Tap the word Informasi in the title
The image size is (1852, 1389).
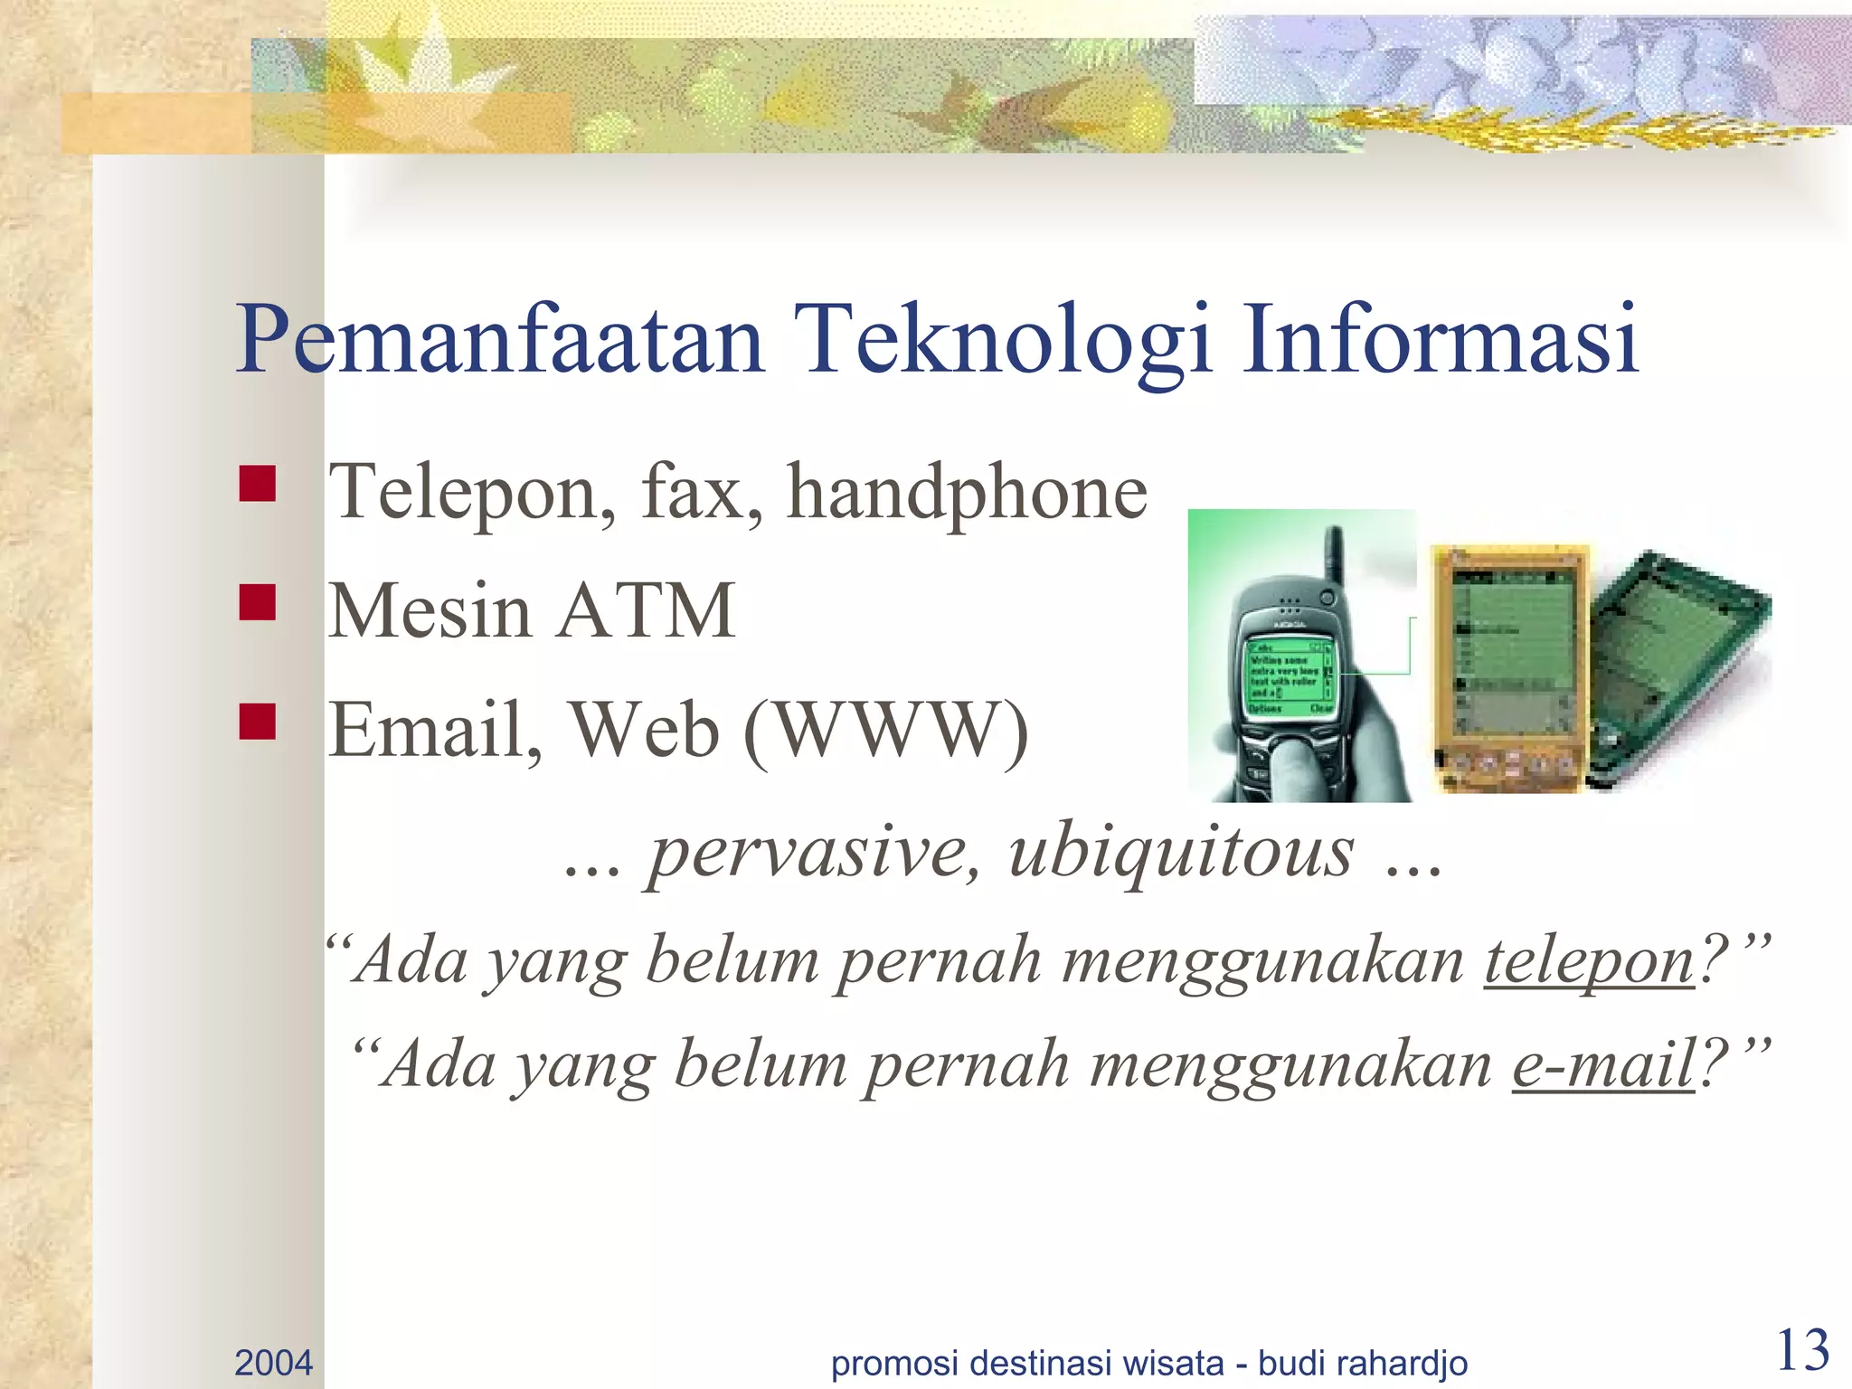[x=1440, y=340]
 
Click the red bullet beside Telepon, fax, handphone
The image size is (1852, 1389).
[x=258, y=484]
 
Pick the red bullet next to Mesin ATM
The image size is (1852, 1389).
[x=258, y=602]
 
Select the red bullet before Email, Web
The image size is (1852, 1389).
[x=258, y=722]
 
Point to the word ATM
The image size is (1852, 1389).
[x=646, y=611]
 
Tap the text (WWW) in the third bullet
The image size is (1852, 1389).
[x=886, y=731]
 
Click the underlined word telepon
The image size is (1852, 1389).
[x=1589, y=961]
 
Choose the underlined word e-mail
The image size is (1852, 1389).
[x=1603, y=1065]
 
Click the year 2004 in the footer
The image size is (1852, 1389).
[x=273, y=1362]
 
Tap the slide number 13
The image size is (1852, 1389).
[x=1802, y=1351]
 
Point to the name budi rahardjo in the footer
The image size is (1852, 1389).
[x=1363, y=1362]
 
